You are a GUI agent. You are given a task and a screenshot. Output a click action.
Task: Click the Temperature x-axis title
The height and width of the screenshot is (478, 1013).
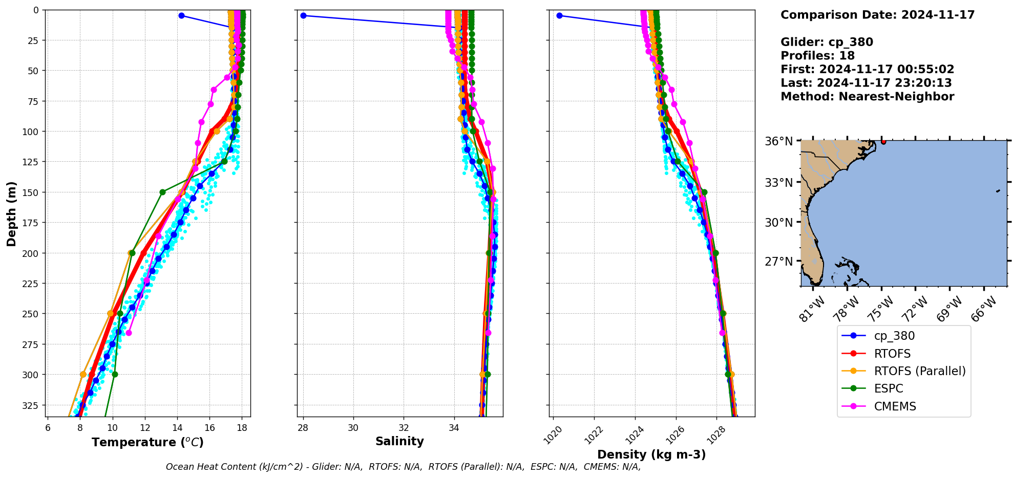pos(147,442)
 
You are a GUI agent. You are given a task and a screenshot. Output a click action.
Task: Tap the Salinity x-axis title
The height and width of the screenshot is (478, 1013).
pos(399,441)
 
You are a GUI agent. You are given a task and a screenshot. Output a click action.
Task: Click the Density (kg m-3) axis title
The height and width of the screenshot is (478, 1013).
pos(651,454)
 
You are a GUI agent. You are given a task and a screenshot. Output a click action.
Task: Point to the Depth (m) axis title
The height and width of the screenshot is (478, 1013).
pos(11,213)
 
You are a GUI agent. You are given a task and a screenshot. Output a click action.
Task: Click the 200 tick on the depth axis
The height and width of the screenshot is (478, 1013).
pos(32,253)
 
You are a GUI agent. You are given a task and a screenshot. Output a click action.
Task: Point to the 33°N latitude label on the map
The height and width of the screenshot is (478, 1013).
pos(778,183)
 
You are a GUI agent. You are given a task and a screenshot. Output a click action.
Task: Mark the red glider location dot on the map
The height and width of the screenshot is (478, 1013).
pos(883,141)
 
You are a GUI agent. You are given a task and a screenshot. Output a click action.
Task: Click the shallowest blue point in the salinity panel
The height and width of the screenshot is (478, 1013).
pos(303,15)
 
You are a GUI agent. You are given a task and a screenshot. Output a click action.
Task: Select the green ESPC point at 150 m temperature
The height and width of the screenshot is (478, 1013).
pos(162,192)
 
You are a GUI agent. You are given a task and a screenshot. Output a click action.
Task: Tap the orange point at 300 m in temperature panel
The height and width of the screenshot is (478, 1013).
pos(83,375)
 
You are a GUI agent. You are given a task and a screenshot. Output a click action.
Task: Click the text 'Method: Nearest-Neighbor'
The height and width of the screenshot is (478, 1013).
pos(867,97)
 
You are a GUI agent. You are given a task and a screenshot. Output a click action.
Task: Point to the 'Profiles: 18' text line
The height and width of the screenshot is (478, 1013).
pos(817,56)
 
